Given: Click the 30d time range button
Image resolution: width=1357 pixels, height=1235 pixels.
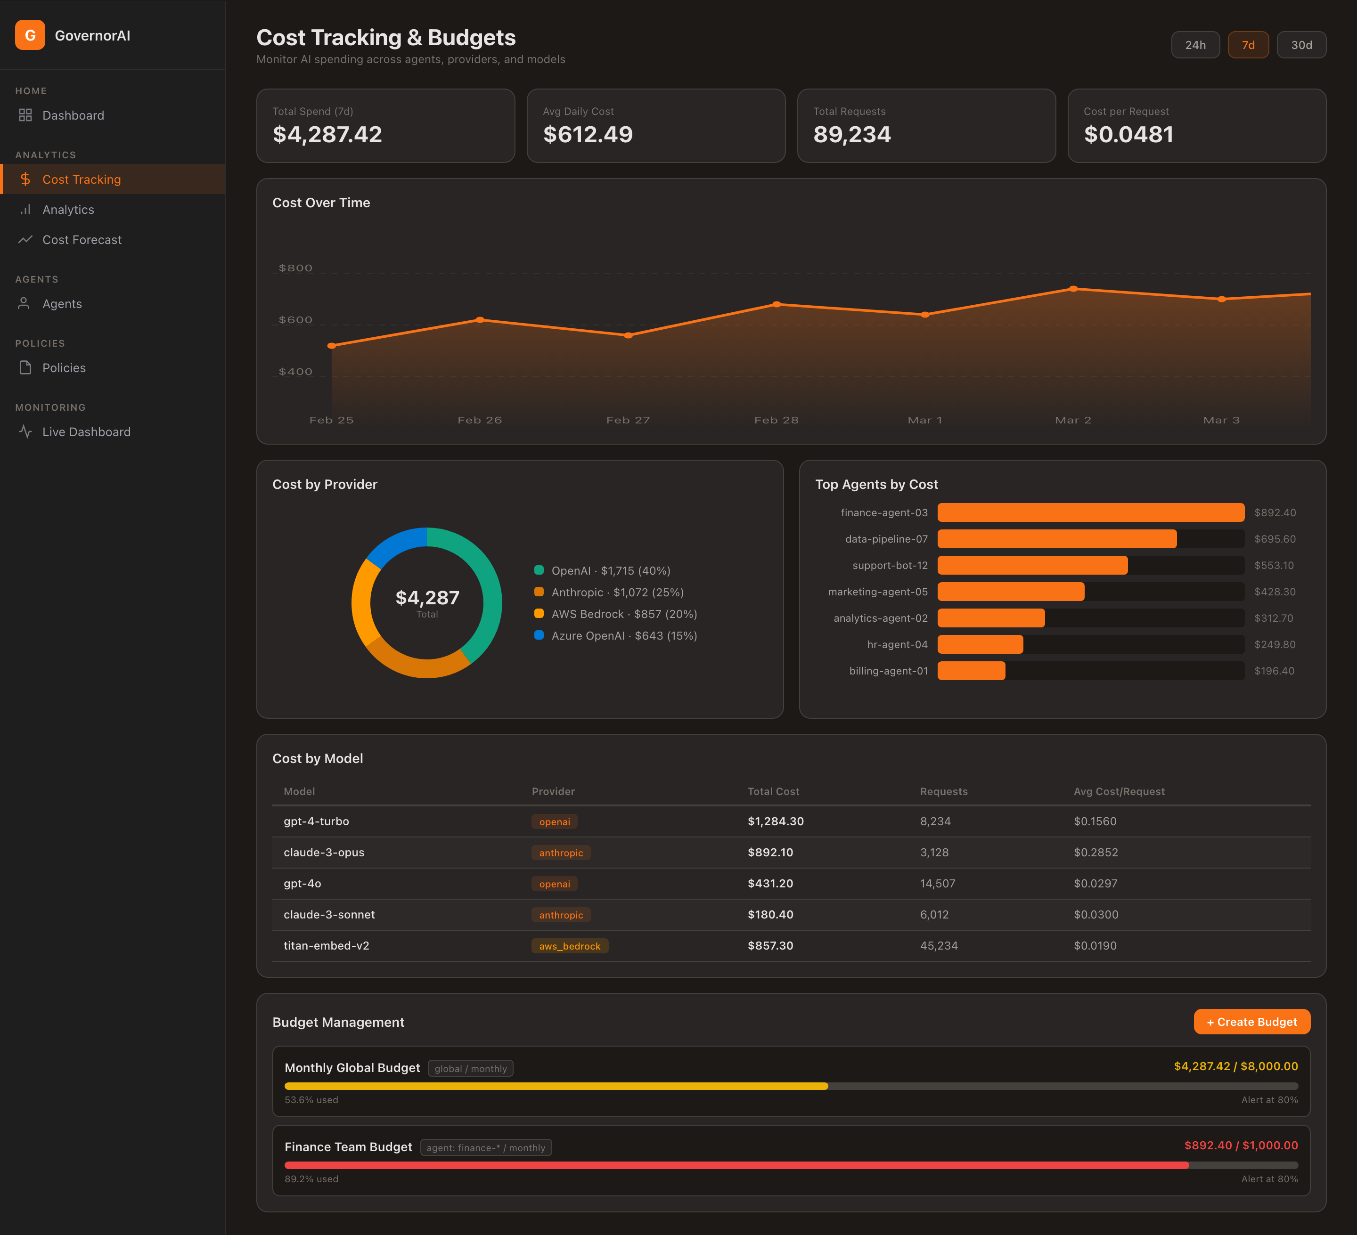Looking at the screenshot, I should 1300,45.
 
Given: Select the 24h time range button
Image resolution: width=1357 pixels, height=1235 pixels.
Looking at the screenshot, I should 1195,45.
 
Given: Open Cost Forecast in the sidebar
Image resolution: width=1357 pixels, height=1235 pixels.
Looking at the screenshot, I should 82,240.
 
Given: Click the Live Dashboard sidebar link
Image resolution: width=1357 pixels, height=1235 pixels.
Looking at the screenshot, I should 86,432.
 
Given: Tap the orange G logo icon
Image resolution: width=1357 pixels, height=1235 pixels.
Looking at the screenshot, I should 30,35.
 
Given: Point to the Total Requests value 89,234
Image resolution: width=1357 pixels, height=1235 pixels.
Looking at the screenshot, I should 851,135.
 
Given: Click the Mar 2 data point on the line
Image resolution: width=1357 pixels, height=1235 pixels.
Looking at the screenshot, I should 1073,289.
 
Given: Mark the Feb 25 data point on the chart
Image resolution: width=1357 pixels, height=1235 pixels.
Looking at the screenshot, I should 331,346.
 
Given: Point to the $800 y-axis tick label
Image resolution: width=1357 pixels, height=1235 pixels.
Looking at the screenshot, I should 295,268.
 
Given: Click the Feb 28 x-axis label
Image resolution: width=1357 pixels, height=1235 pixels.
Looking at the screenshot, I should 776,420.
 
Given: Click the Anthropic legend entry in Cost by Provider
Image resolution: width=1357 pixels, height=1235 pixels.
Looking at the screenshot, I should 617,592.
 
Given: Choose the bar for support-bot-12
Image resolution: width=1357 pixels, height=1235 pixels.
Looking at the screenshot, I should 1032,565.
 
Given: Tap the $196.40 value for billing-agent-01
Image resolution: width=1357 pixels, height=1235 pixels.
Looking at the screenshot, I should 1274,671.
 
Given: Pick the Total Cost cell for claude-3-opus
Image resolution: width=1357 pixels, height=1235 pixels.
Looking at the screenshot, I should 770,853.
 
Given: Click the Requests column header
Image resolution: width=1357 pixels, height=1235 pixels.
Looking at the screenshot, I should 943,791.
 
